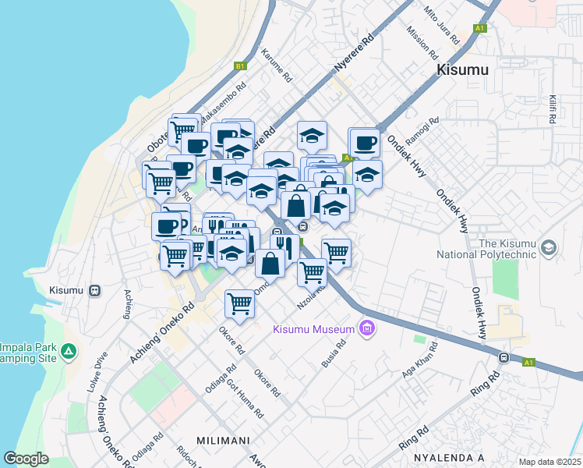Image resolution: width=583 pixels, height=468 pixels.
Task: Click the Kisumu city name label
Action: pos(462,70)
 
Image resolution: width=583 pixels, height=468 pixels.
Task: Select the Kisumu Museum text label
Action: pos(313,328)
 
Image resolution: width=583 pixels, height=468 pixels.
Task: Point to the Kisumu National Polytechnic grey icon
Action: pos(549,247)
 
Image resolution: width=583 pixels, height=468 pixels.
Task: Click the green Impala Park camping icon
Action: pos(70,352)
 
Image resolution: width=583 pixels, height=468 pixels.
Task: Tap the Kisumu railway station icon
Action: pos(94,290)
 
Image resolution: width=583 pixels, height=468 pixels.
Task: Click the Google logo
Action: pos(26,459)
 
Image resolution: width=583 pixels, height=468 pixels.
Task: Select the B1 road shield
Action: pos(241,66)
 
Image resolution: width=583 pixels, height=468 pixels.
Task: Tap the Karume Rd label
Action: pos(277,67)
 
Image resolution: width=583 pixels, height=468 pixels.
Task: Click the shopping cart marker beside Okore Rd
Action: pos(239,303)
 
